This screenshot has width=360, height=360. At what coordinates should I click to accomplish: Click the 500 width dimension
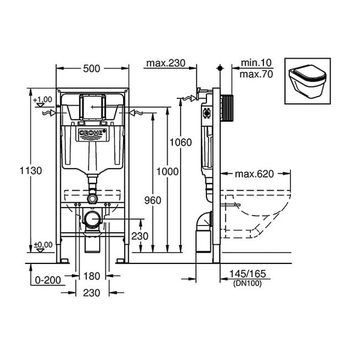pyautogui.click(x=91, y=68)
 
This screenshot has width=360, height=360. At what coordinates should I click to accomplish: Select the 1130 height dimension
pyautogui.click(x=31, y=171)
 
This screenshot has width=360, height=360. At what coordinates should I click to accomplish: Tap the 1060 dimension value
pyautogui.click(x=181, y=143)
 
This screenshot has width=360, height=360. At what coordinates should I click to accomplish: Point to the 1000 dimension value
pyautogui.click(x=167, y=172)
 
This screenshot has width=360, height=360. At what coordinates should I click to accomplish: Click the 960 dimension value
pyautogui.click(x=152, y=200)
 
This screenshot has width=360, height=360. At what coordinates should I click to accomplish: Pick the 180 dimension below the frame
pyautogui.click(x=92, y=276)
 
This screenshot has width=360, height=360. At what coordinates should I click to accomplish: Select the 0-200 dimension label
pyautogui.click(x=48, y=280)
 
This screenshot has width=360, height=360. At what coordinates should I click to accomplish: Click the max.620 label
pyautogui.click(x=254, y=174)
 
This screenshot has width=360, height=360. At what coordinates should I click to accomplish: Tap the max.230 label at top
pyautogui.click(x=166, y=63)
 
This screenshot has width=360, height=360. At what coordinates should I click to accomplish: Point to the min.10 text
pyautogui.click(x=256, y=62)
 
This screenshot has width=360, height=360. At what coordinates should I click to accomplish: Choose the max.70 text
pyautogui.click(x=256, y=74)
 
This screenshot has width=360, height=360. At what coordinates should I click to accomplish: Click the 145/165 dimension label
pyautogui.click(x=248, y=274)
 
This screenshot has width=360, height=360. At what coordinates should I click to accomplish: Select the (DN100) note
pyautogui.click(x=247, y=283)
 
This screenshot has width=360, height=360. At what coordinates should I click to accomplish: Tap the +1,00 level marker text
pyautogui.click(x=43, y=100)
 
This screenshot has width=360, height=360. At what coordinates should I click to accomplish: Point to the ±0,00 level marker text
pyautogui.click(x=43, y=245)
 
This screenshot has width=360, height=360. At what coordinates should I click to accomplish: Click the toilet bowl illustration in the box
pyautogui.click(x=308, y=82)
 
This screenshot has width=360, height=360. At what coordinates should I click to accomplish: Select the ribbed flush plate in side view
pyautogui.click(x=227, y=108)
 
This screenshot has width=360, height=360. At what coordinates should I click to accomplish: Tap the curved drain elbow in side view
pyautogui.click(x=205, y=221)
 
